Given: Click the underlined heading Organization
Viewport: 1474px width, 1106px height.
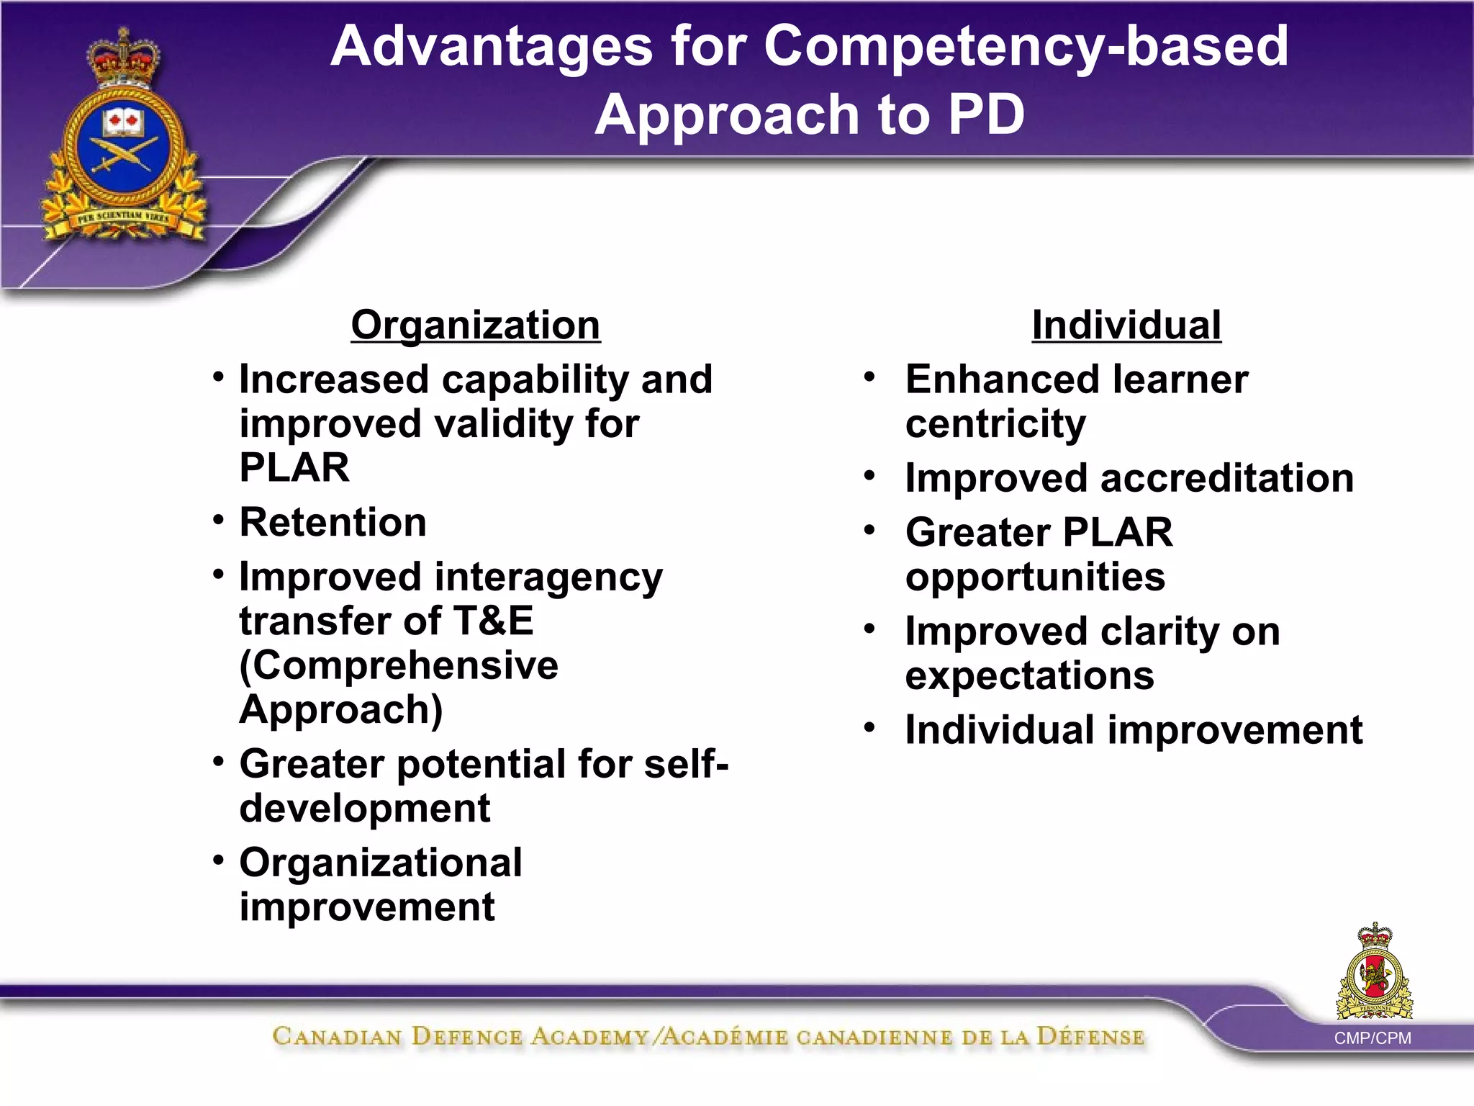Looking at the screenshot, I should [475, 325].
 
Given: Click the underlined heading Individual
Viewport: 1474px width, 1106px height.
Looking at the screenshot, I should [1126, 325].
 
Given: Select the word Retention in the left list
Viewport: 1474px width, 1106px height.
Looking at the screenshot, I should [333, 522].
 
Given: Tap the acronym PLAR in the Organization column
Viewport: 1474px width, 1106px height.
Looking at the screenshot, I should [294, 468].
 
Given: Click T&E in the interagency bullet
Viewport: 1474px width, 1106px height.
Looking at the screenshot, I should [493, 621].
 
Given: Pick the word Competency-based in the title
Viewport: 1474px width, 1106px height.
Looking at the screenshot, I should [1026, 46].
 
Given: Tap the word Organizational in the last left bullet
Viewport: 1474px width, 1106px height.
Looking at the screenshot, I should [381, 863].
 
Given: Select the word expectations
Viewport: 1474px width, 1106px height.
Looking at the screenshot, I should [1029, 676].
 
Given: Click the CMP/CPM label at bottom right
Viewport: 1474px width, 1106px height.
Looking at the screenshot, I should [1372, 1038].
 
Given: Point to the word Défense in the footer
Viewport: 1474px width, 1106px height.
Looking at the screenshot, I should [1090, 1037].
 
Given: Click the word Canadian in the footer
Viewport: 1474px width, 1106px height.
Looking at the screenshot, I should [337, 1037].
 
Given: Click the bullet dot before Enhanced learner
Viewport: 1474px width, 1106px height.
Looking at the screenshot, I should [869, 377].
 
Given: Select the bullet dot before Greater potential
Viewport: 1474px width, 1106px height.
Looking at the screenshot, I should [219, 761].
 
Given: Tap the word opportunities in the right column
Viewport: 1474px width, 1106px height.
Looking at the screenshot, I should [1035, 577].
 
